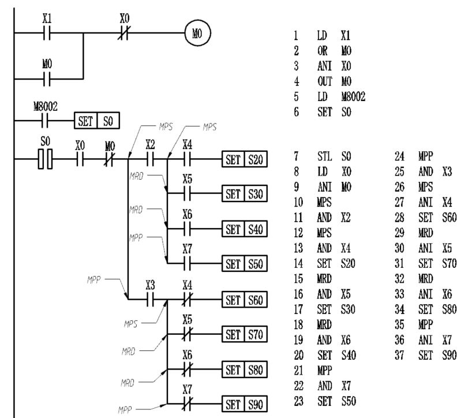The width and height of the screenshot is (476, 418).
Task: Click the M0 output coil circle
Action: point(196,32)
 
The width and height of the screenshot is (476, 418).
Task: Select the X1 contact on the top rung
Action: point(47,32)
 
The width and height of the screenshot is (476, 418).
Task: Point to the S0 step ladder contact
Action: point(44,158)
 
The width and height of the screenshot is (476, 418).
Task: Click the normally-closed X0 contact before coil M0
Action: point(123,32)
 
